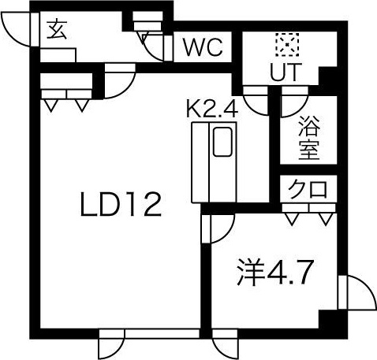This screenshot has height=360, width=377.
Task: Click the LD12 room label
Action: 121,204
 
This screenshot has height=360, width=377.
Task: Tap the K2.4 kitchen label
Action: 212,109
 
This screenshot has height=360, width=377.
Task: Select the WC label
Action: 203,47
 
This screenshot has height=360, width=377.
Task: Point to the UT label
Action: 285,72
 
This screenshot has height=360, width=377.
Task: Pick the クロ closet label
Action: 308,188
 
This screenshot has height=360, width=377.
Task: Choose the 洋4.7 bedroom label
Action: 275,273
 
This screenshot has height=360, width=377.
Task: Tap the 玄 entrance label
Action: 56,30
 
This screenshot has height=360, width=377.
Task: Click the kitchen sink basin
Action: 222,142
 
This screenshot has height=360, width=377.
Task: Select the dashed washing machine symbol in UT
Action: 287,44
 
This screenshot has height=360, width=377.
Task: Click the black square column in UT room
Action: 327,76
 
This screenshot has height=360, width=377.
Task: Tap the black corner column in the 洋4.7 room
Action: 328,319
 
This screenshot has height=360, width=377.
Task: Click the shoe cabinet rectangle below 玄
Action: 58,55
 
